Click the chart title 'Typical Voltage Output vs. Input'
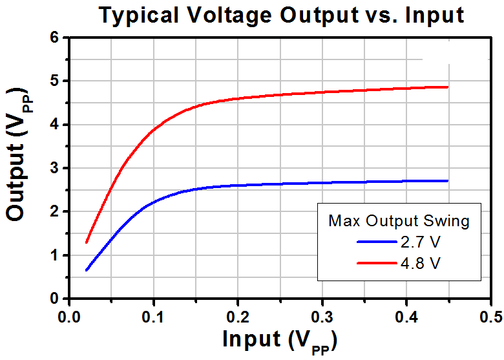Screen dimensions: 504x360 (x=282, y=16)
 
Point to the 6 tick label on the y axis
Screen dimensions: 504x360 (x=55, y=37)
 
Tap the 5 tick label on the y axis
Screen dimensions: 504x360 (x=55, y=81)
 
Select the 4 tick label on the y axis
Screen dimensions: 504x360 (x=55, y=124)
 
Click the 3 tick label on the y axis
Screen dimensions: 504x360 (x=55, y=168)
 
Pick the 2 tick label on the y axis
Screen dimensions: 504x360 (x=55, y=211)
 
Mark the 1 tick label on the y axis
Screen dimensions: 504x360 (x=55, y=255)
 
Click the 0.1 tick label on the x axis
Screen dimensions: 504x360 (x=154, y=317)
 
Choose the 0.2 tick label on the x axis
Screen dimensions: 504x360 (x=238, y=317)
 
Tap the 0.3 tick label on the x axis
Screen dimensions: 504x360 (x=322, y=317)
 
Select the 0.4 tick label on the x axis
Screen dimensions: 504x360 (x=406, y=317)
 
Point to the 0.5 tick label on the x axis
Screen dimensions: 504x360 (x=491, y=317)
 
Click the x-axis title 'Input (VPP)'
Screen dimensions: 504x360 (x=280, y=341)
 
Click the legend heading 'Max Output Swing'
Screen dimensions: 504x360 (x=399, y=221)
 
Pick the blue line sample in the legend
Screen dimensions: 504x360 (x=377, y=242)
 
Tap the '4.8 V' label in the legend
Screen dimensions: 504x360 (x=420, y=263)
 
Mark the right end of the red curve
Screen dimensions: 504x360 (x=447, y=87)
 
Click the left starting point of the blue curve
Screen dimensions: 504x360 (x=87, y=270)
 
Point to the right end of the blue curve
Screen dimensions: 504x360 (x=447, y=181)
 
